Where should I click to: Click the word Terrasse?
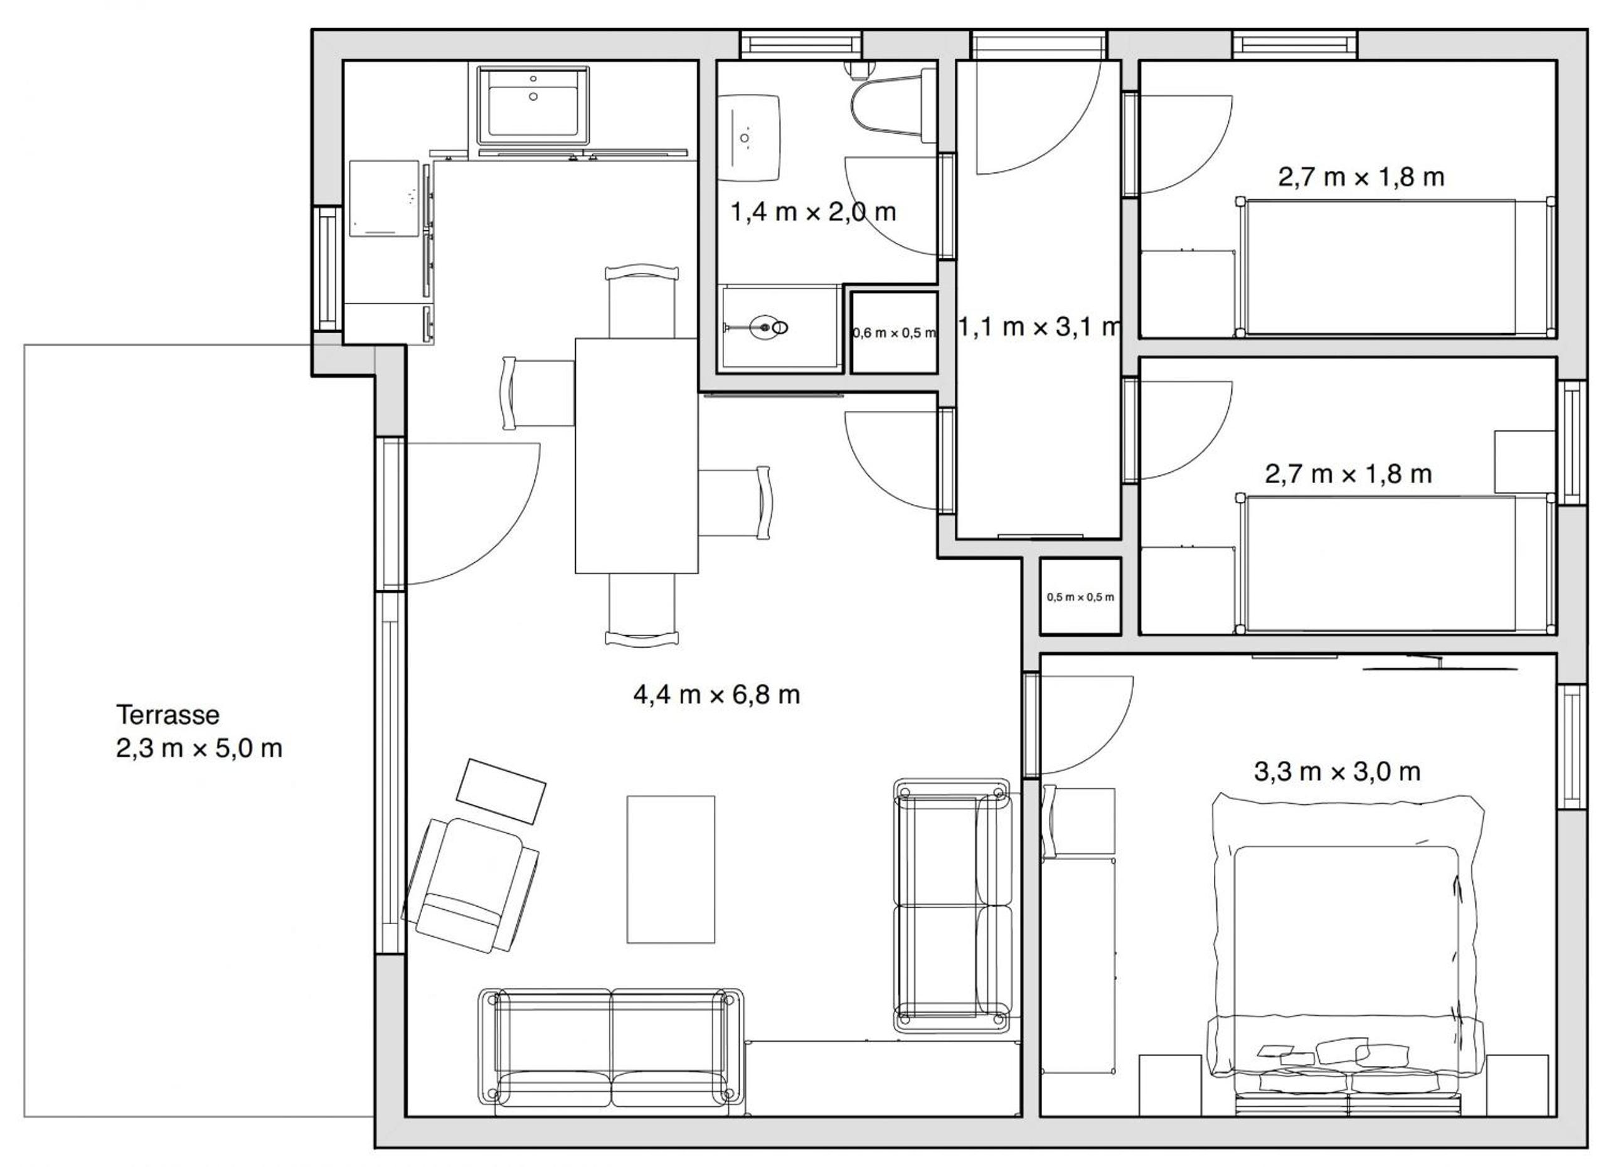click(x=168, y=715)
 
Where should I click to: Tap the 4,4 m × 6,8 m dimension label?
click(x=716, y=695)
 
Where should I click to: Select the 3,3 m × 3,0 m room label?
click(x=1337, y=771)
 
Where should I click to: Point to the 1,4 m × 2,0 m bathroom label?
click(x=814, y=211)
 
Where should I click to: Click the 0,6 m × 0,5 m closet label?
click(x=893, y=333)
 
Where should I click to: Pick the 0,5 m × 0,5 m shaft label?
click(x=1080, y=597)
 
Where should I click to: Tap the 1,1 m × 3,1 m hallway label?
click(x=1040, y=327)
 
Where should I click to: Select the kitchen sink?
click(x=533, y=104)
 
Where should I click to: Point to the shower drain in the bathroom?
click(x=765, y=327)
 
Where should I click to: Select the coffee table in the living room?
click(x=671, y=870)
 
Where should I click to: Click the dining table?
click(x=637, y=456)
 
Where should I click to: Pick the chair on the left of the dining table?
click(x=538, y=394)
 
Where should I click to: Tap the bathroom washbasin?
click(x=749, y=137)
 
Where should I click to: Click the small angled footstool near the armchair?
click(x=501, y=791)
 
